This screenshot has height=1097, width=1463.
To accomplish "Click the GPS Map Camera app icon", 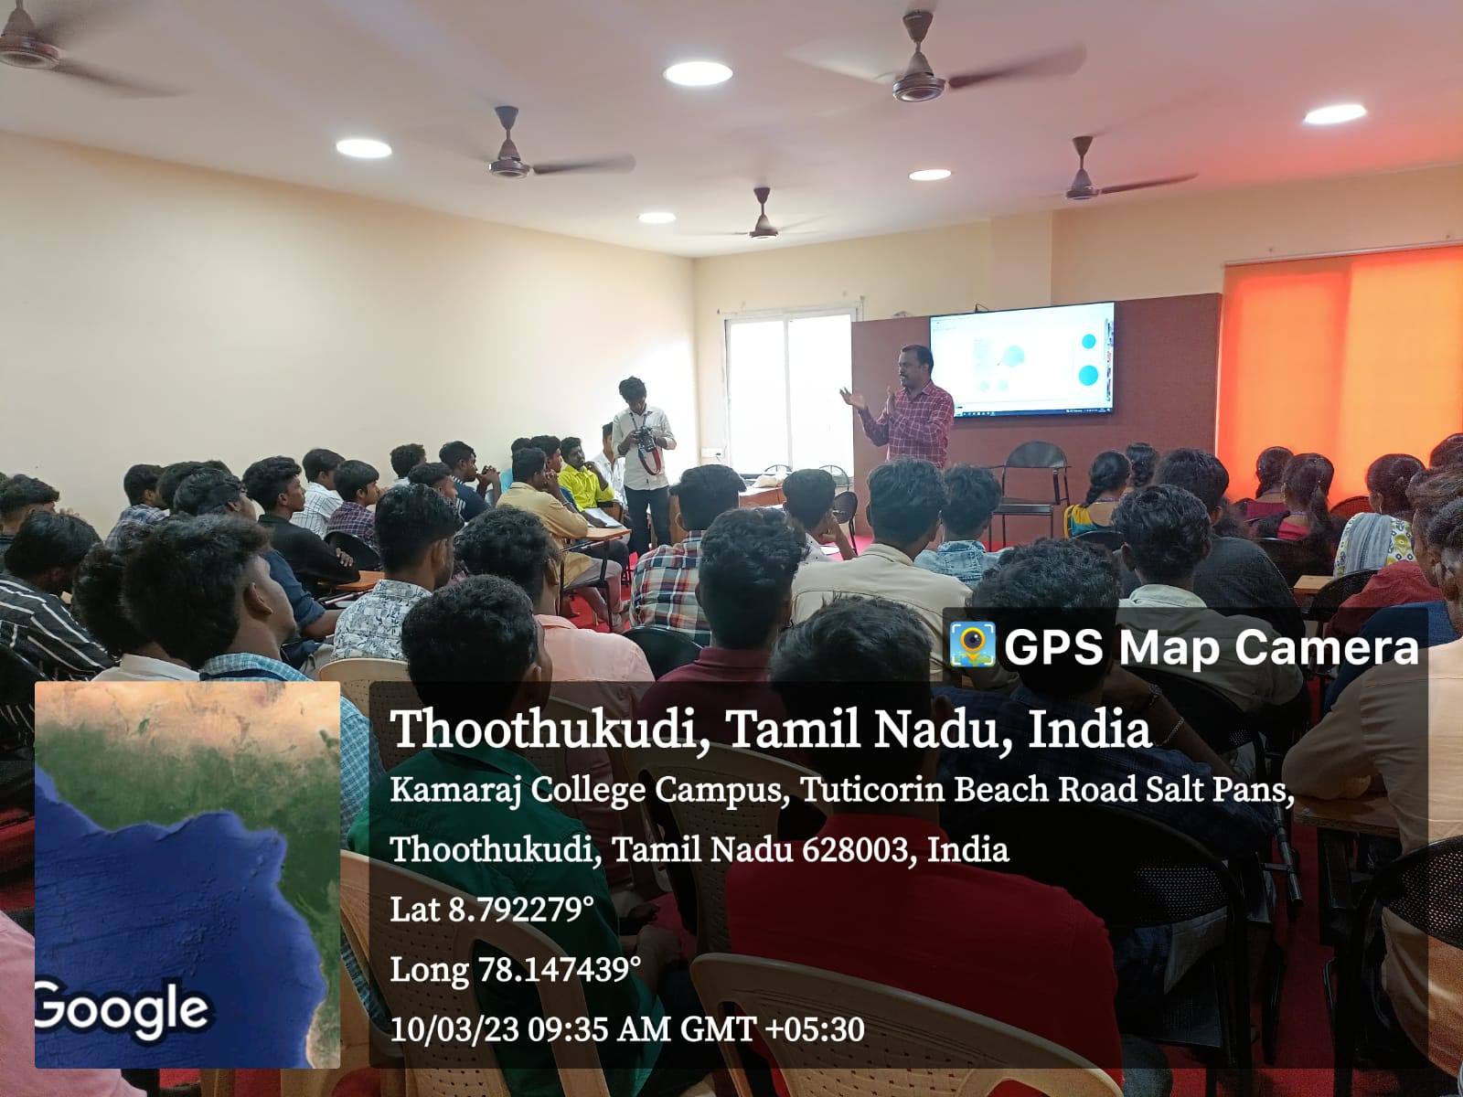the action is (x=973, y=644).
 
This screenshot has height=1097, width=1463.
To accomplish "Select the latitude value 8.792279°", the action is (x=520, y=910).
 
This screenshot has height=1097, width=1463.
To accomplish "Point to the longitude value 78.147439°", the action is (x=560, y=969).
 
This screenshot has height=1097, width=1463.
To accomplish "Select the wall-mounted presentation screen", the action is (x=1021, y=359).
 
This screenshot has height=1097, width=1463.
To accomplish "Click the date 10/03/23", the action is (x=454, y=1029).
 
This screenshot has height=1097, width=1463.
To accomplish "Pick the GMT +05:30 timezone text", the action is (x=773, y=1029).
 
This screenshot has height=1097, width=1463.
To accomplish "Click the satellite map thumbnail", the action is (x=187, y=875).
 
